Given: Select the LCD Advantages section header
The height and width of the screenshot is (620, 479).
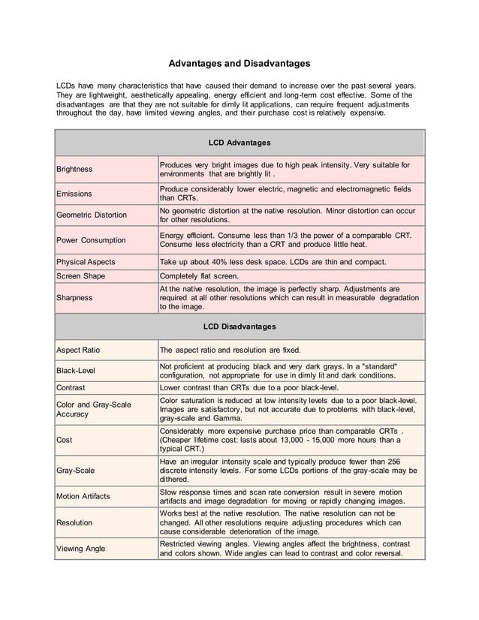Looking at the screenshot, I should click(239, 142).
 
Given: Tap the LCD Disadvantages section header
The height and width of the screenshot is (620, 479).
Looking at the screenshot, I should click(239, 327).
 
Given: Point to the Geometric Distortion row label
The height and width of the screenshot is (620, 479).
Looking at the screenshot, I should click(92, 215).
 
